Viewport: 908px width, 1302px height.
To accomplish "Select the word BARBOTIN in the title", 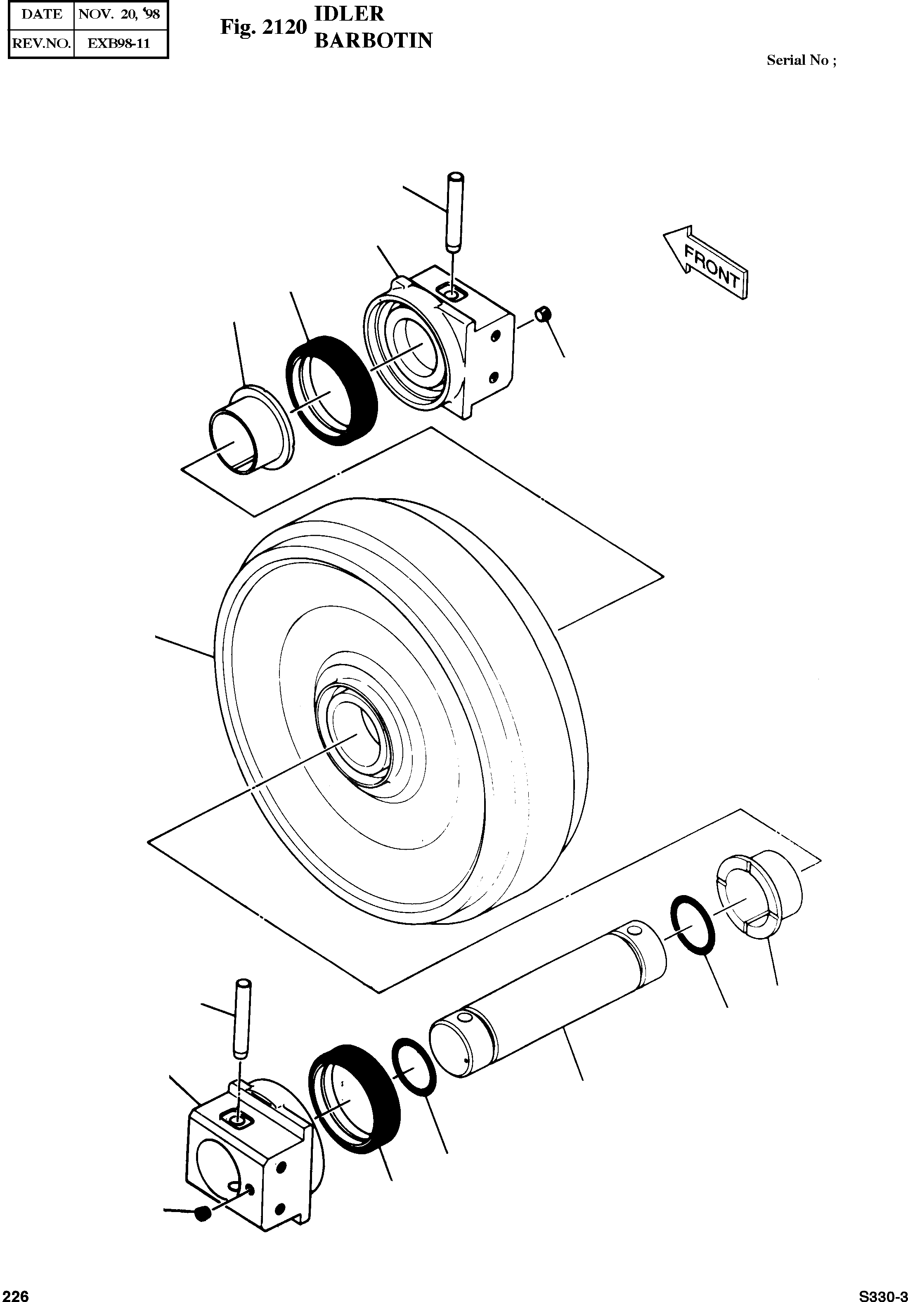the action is tap(373, 41).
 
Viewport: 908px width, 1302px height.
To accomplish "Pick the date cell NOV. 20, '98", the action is tap(119, 14).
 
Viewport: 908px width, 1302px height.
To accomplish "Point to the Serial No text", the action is tap(801, 61).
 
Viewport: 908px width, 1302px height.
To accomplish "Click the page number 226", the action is tap(15, 1295).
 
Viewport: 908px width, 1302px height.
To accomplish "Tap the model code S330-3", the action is tap(882, 1295).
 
